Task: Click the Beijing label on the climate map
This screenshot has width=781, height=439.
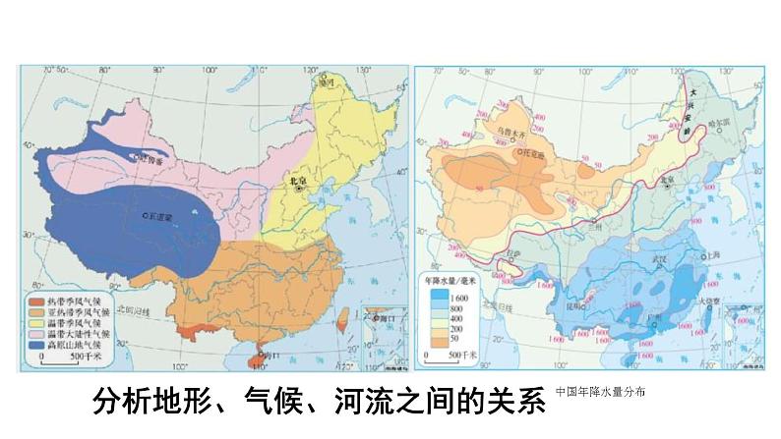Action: pos(298,182)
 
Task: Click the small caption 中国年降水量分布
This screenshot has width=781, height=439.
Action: pos(600,392)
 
